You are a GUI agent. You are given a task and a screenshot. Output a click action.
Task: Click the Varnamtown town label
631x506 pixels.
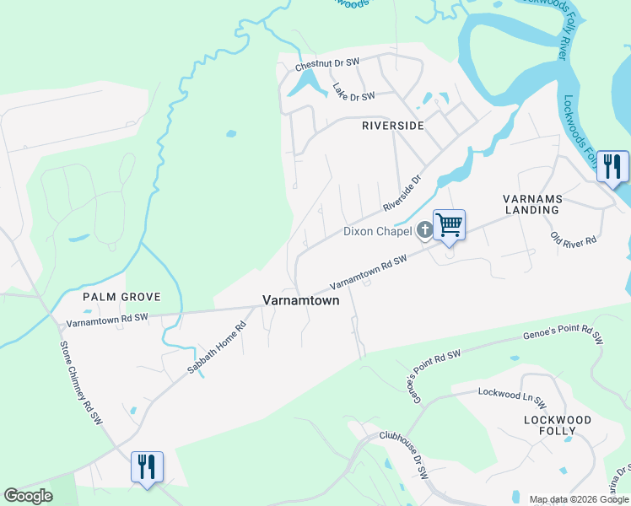point(300,300)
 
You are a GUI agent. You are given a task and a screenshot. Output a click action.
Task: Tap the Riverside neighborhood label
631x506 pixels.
point(392,125)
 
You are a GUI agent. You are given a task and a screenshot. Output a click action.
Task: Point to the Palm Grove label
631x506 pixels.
point(121,297)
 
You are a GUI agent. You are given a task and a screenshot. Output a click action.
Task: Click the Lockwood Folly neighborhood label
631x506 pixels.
point(558,425)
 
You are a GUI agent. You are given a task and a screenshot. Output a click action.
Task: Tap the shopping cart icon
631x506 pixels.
point(450,225)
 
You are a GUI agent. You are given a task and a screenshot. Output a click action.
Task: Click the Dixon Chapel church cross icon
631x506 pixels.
point(424,229)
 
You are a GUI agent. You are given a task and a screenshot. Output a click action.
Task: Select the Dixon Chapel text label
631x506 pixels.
point(377,231)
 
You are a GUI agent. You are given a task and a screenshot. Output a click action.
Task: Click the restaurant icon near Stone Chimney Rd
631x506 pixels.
point(147,466)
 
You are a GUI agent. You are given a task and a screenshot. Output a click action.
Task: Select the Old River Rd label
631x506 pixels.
point(574,239)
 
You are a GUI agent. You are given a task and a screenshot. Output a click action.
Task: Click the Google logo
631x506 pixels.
point(28,496)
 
